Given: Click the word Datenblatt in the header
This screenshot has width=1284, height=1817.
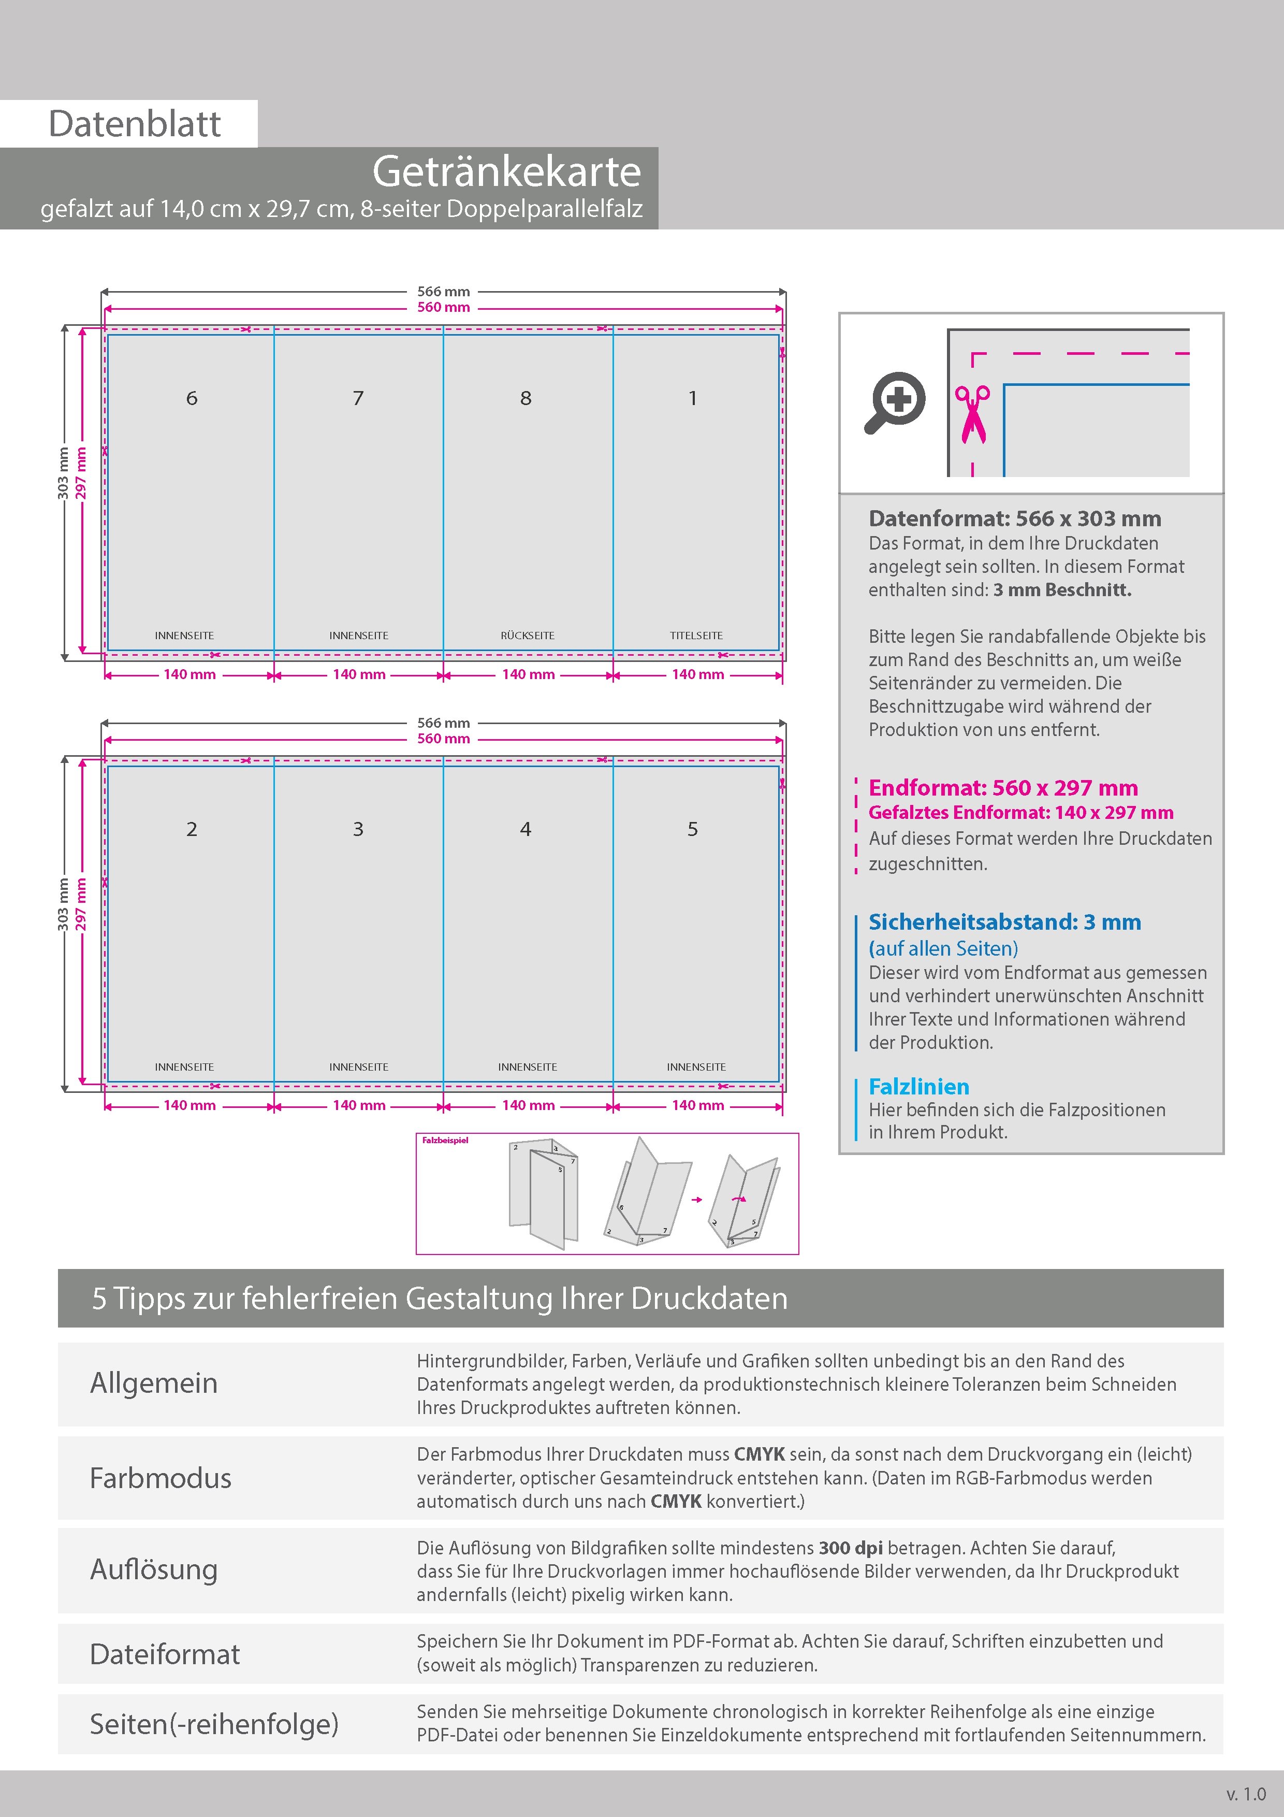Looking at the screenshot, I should pos(135,124).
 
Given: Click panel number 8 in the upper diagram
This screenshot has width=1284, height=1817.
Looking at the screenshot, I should pos(526,398).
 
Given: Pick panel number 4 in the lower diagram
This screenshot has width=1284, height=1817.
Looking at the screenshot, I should pos(526,829).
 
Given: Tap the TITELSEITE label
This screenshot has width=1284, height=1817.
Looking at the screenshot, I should pos(696,636).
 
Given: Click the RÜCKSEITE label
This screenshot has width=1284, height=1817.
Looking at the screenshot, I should pos(528,636).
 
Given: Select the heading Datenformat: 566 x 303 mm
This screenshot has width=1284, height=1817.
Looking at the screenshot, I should pos(1015,519).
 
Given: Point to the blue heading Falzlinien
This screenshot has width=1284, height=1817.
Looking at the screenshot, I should pos(918,1087).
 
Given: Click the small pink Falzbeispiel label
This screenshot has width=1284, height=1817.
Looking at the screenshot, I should pos(445,1141).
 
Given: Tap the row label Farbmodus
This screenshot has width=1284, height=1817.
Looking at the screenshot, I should pos(160,1478).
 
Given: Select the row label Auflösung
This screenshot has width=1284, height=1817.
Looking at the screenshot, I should pos(153,1569).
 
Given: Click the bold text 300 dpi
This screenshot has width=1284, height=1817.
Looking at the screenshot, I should pos(851,1548).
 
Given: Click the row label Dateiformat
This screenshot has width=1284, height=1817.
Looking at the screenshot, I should pos(165,1654).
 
